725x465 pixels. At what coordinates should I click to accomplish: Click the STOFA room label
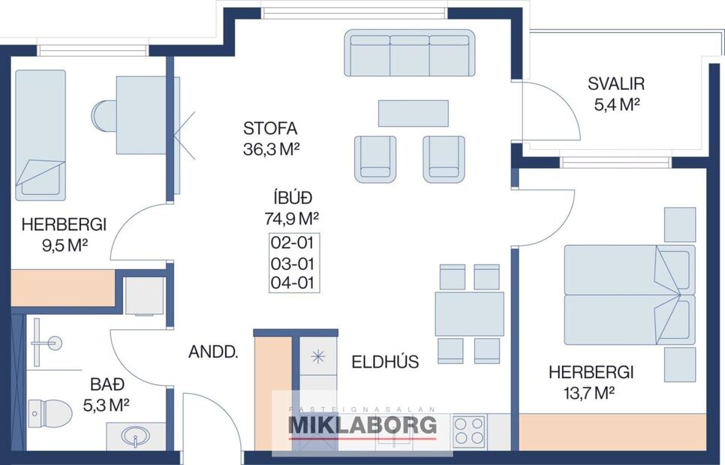tap(270, 128)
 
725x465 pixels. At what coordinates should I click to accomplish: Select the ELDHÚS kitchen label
tap(385, 361)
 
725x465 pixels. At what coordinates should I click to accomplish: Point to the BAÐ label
tap(107, 384)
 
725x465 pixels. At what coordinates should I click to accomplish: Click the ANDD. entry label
tap(213, 352)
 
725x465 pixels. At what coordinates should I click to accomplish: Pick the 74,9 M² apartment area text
tap(292, 218)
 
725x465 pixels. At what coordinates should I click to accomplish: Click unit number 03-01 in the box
tap(292, 264)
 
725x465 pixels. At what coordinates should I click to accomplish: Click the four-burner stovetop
tap(469, 431)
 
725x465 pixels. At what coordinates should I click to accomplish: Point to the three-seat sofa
tap(410, 53)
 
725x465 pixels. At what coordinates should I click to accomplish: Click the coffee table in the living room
tap(414, 113)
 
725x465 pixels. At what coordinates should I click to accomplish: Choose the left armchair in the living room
tap(375, 159)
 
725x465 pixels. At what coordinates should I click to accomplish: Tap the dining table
tap(469, 314)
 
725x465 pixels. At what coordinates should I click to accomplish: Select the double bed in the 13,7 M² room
tap(629, 295)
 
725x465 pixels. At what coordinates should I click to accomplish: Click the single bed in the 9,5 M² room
tap(41, 136)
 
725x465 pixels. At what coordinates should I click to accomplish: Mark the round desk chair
tap(104, 116)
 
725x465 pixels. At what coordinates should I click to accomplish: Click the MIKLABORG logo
tap(362, 425)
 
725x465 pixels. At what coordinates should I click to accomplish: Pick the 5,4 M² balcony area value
tap(617, 105)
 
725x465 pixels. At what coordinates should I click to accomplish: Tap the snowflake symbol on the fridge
tap(318, 356)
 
